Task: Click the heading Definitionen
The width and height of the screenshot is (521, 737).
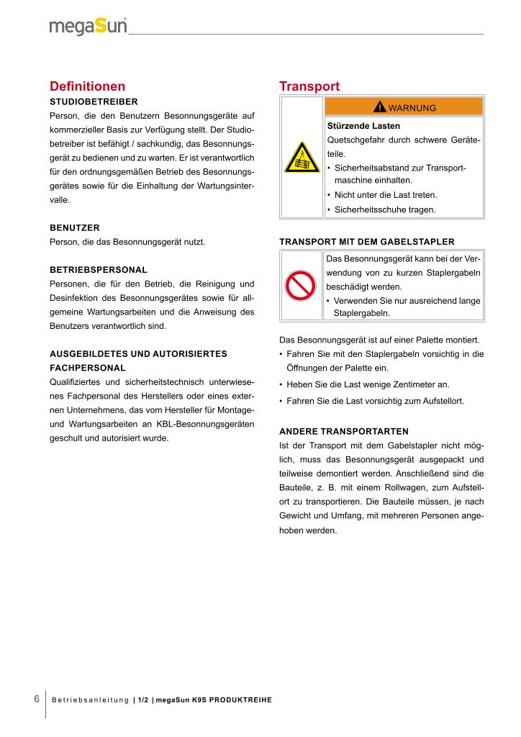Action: point(87,86)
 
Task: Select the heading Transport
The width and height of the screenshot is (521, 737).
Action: point(309,86)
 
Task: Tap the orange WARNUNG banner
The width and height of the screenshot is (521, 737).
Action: point(404,107)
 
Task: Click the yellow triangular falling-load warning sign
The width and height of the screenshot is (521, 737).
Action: point(302,158)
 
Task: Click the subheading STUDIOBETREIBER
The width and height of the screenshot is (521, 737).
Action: point(94,101)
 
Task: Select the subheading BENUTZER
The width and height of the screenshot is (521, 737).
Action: point(75,227)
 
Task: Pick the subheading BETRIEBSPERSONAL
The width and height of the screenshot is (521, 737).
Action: point(99,269)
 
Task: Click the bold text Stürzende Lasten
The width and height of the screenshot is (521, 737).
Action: point(363,126)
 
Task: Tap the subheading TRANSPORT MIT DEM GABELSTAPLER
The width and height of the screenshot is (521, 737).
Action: point(366,241)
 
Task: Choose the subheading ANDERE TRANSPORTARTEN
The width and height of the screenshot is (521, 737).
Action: point(343,431)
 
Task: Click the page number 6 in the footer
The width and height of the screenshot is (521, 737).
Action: point(36,700)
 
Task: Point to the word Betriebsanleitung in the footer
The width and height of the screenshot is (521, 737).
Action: point(90,700)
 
